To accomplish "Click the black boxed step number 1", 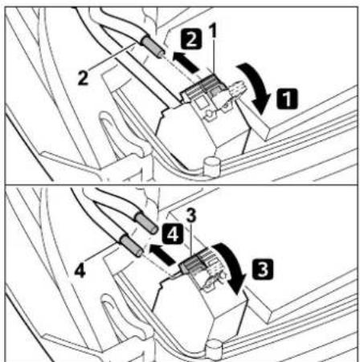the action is (x=287, y=98).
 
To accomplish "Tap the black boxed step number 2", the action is (x=191, y=39).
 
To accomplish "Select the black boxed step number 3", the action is (x=263, y=269).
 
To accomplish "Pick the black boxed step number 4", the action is (x=173, y=234).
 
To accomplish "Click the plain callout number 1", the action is (x=213, y=31).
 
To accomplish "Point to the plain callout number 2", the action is (x=83, y=78).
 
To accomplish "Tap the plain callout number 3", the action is (x=191, y=216).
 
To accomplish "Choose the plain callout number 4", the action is (x=80, y=270).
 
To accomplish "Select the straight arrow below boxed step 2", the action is (x=186, y=63).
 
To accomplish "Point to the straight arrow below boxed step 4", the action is (x=162, y=254).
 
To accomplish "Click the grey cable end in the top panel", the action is (x=153, y=46).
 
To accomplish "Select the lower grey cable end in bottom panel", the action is (x=132, y=246).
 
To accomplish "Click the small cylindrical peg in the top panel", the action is (x=211, y=166).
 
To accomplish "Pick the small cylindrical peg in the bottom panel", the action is (x=214, y=348).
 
